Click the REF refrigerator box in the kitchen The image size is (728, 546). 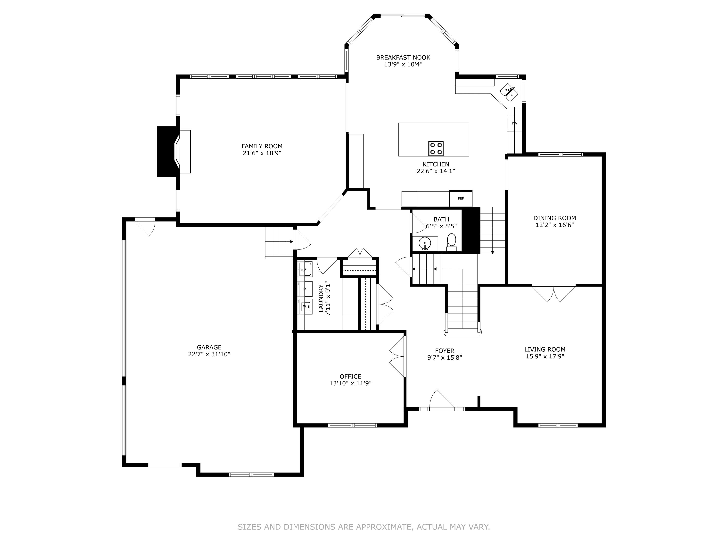click(461, 199)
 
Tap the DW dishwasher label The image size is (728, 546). click(514, 124)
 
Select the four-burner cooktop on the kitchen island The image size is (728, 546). click(436, 148)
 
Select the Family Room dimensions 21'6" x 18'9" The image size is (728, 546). click(262, 153)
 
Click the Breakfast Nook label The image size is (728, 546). click(403, 58)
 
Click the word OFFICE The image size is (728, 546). click(350, 376)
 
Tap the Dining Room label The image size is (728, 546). click(554, 218)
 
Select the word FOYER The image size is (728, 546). click(445, 351)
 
